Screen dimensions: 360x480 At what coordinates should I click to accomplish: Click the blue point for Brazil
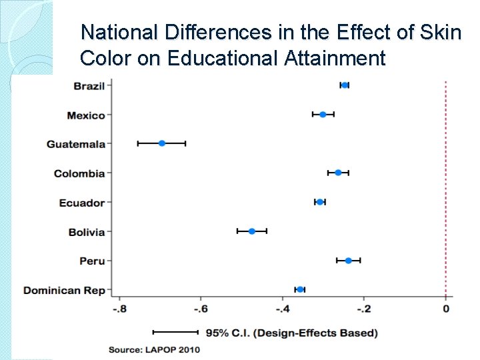[345, 85]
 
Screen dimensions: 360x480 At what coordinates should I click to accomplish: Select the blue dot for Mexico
[323, 115]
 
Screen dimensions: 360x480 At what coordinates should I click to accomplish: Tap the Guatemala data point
[162, 143]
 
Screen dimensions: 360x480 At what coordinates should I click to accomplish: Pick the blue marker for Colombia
[338, 173]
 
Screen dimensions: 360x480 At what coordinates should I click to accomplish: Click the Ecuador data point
[320, 202]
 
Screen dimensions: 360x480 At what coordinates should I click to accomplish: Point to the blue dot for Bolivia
[252, 231]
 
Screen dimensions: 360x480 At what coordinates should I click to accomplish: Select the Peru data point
[348, 261]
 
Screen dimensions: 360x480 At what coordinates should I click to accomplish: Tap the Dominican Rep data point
[300, 289]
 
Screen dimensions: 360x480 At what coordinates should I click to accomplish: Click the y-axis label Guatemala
[76, 144]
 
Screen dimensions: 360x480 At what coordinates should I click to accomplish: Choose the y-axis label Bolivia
[87, 232]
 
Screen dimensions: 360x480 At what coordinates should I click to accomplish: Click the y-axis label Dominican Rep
[64, 290]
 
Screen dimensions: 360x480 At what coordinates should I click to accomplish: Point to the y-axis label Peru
[92, 261]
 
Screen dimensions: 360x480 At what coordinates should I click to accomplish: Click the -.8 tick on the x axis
[119, 309]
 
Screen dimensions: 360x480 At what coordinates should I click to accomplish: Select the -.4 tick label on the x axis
[283, 309]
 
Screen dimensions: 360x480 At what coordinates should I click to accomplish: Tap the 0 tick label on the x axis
[445, 309]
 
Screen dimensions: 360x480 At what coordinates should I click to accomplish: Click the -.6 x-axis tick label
[201, 309]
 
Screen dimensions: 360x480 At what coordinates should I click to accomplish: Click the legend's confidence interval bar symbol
[175, 331]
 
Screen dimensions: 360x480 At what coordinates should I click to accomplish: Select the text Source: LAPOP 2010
[155, 349]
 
